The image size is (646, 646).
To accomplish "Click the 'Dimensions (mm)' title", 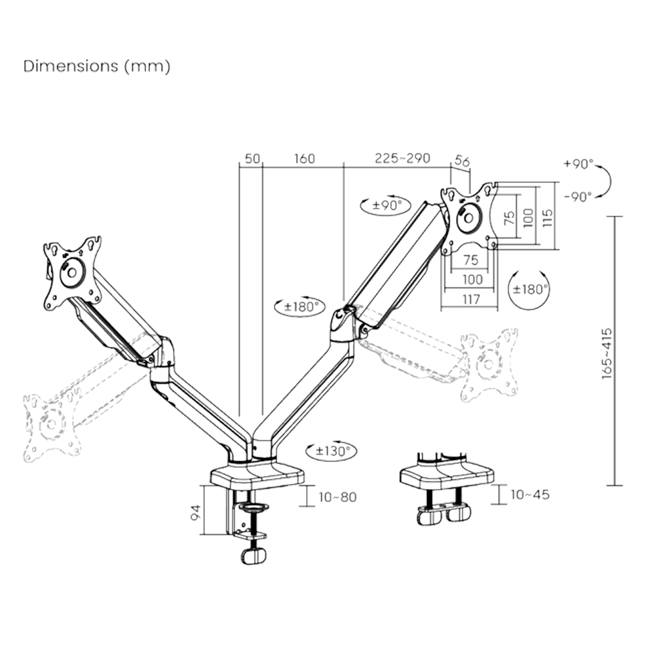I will click(x=97, y=67).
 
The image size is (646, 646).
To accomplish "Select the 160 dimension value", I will click(x=304, y=159).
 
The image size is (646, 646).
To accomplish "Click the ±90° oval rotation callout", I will click(x=385, y=205).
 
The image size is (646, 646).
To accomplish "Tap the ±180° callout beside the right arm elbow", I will click(x=298, y=306).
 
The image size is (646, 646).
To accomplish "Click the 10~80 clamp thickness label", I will click(x=337, y=496).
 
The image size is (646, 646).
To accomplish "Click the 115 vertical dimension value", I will click(x=548, y=214).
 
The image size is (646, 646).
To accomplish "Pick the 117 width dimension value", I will click(x=471, y=299).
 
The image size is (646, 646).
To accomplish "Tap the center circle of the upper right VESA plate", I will click(x=467, y=219).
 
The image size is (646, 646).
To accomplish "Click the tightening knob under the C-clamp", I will click(x=253, y=555).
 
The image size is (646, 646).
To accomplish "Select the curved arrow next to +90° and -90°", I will click(x=605, y=180).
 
